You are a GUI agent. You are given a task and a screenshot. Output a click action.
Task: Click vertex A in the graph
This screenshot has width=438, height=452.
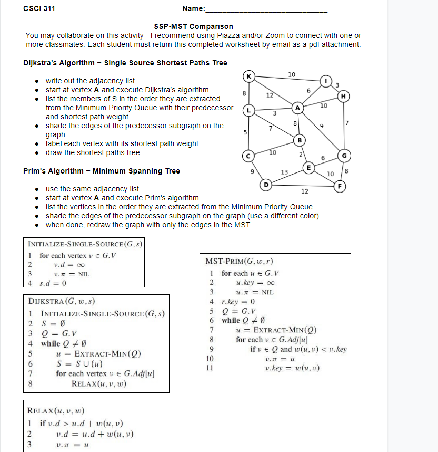(x=298, y=108)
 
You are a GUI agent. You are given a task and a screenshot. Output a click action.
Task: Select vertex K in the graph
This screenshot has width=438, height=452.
(x=248, y=76)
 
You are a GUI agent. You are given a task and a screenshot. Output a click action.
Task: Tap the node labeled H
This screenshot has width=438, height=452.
(x=344, y=96)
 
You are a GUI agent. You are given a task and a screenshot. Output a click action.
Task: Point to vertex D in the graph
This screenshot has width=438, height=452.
(x=266, y=185)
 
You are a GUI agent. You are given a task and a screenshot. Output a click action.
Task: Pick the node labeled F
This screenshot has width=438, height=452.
(x=341, y=186)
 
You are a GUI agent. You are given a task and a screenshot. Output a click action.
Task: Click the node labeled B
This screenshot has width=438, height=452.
(x=300, y=140)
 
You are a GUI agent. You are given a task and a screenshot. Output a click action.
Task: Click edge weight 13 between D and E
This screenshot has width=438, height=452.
(x=284, y=172)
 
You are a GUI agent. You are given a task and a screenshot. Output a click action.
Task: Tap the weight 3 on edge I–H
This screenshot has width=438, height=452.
(x=337, y=85)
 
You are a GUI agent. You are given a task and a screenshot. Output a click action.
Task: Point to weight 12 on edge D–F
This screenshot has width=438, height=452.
(x=304, y=191)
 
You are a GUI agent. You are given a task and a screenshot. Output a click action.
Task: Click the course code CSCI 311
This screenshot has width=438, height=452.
(x=39, y=8)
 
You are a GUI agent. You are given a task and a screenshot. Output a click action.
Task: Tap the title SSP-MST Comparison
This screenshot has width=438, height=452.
(x=193, y=26)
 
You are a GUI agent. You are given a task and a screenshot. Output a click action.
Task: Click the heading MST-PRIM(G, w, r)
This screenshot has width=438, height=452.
(x=240, y=262)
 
